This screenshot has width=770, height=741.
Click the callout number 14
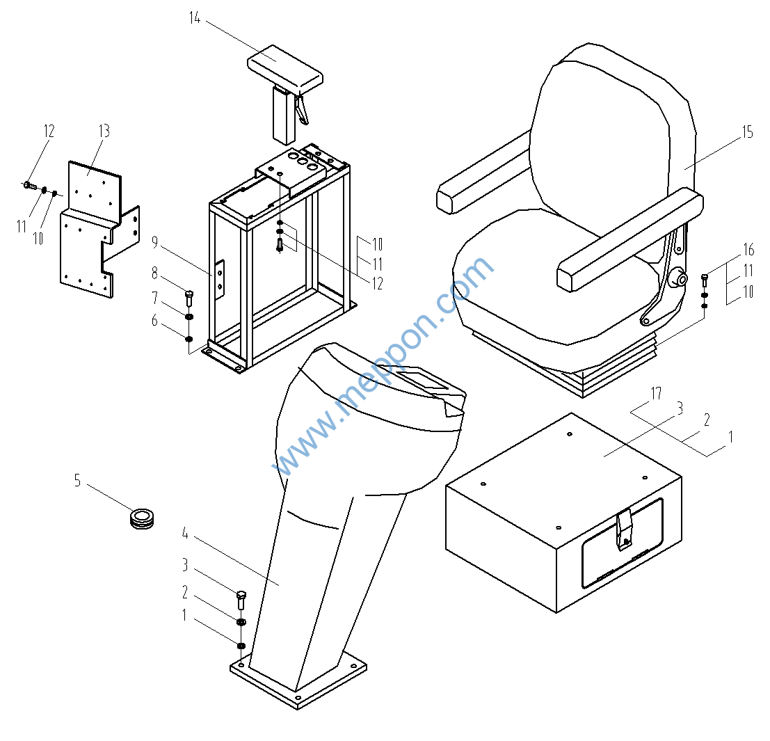pyautogui.click(x=195, y=19)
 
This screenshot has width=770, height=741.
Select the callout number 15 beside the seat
pyautogui.click(x=747, y=132)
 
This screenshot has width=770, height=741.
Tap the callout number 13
pyautogui.click(x=104, y=132)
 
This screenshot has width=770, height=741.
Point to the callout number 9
pyautogui.click(x=154, y=243)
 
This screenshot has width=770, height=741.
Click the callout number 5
pyautogui.click(x=78, y=480)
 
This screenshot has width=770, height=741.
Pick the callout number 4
pyautogui.click(x=185, y=534)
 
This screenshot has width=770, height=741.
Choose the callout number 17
pyautogui.click(x=656, y=394)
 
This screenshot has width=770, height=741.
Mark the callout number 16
pyautogui.click(x=748, y=250)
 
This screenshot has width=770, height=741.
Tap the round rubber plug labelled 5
pyautogui.click(x=142, y=517)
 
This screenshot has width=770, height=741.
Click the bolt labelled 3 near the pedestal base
pyautogui.click(x=241, y=599)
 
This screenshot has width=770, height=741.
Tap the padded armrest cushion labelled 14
pyautogui.click(x=285, y=67)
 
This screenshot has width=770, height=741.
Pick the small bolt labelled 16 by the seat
pyautogui.click(x=705, y=280)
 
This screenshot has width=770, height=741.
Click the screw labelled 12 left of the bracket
pyautogui.click(x=29, y=185)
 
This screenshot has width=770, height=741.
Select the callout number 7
pyautogui.click(x=154, y=298)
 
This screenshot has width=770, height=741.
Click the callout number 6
pyautogui.click(x=154, y=321)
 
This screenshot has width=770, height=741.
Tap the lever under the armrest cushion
pyautogui.click(x=301, y=109)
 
